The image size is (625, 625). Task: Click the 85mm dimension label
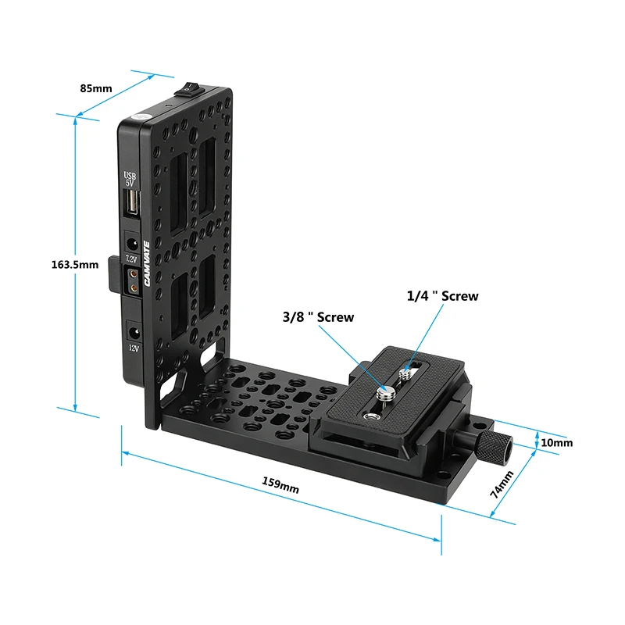coord(96,87)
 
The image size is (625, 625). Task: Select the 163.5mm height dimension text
coord(70,264)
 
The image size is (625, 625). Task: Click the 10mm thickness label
coord(556,443)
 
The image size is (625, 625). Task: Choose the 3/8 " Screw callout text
coord(318,317)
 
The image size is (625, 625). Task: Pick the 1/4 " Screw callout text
coord(442,296)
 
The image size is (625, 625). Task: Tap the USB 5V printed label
coord(130,179)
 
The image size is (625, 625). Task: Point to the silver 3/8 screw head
coord(384,393)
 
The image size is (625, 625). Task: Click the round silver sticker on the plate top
coord(141,116)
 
